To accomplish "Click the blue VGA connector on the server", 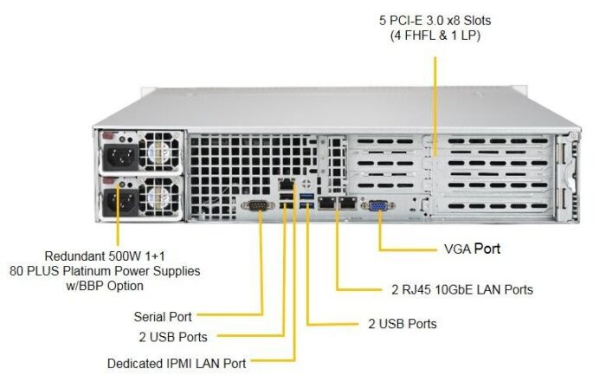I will pyautogui.click(x=378, y=205).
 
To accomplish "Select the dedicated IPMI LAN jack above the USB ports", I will pyautogui.click(x=285, y=184).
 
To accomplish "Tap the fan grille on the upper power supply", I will pyautogui.click(x=158, y=153).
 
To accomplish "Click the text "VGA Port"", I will pyautogui.click(x=471, y=249).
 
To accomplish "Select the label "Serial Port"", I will pyautogui.click(x=163, y=316).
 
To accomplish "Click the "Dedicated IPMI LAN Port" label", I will pyautogui.click(x=177, y=363).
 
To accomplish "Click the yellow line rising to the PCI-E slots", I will pyautogui.click(x=435, y=95).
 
